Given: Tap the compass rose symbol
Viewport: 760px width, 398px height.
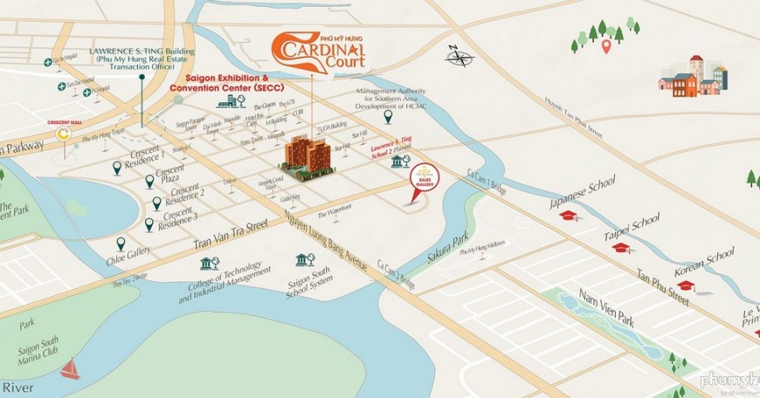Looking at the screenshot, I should pos(459,58).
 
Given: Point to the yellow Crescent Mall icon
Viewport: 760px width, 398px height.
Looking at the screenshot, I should pos(64,134).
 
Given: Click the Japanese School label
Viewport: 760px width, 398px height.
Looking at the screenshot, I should pos(583,192).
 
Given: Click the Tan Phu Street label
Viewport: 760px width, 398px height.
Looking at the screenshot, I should pos(663,287).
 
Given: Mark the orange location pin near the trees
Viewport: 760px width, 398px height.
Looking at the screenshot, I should pos(605,45).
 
